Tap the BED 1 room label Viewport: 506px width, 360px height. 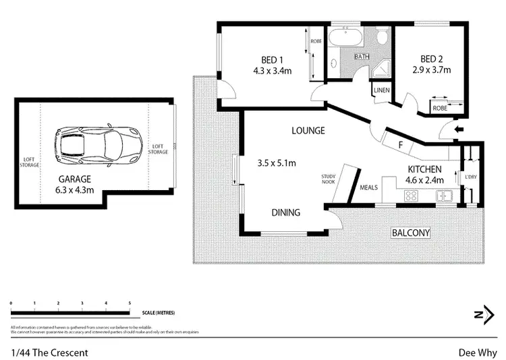coord(272,58)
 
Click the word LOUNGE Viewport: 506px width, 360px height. coord(308,130)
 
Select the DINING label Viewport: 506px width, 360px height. coord(285,212)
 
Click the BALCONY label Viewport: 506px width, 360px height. coord(411,233)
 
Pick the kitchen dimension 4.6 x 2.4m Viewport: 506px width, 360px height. coord(425,181)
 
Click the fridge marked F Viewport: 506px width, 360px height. coord(400,144)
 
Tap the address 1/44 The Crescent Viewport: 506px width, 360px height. coord(49,352)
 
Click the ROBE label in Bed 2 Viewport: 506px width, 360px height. coord(440,107)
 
